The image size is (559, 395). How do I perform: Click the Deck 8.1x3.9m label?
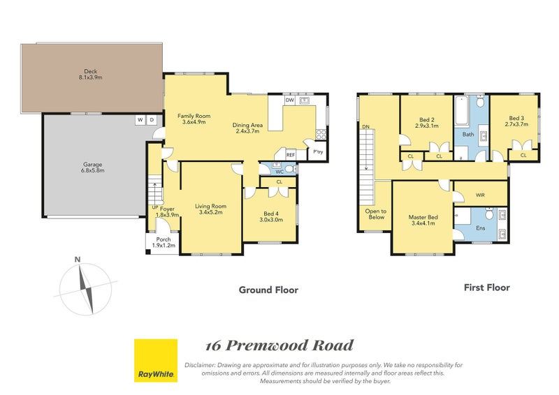(x=89, y=74)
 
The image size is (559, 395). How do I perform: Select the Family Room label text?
(x=194, y=119)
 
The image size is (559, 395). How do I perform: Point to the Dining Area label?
(x=248, y=128)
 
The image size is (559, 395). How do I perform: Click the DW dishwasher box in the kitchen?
(x=289, y=100)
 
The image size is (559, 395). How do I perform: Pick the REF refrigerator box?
(x=290, y=155)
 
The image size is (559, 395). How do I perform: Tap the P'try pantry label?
(x=318, y=152)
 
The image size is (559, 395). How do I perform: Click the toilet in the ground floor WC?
(x=289, y=168)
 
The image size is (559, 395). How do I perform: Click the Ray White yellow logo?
(x=155, y=361)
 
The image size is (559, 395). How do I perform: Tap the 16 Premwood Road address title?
(x=279, y=345)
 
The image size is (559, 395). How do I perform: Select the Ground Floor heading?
(x=268, y=290)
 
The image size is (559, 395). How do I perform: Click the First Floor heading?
(x=487, y=287)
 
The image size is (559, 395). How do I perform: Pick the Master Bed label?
(x=422, y=221)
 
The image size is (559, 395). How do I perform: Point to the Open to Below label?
(x=375, y=214)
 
